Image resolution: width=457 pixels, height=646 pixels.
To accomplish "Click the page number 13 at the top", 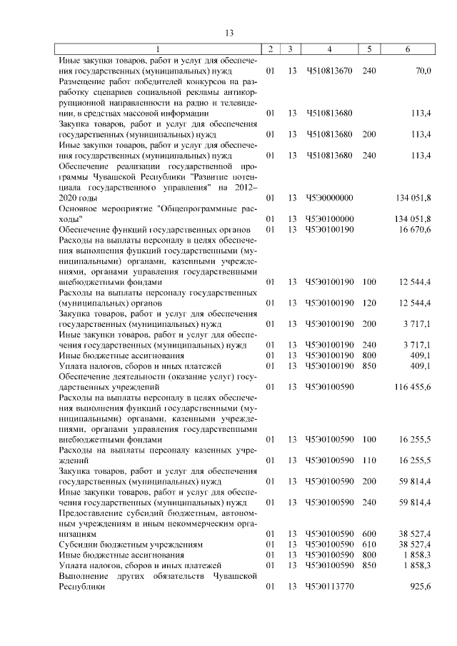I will pos(229,32).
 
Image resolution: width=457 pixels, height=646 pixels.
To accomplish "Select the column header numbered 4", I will pos(329,49).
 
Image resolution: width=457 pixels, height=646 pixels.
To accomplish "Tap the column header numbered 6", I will pos(407,49).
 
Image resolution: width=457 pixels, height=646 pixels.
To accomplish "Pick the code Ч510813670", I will pos(329,71).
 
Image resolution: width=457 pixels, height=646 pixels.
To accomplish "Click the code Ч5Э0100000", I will pos(329,218).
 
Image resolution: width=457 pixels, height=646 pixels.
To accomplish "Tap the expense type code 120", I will pos(368,303).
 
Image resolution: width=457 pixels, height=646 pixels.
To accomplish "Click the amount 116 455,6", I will pos(411,386).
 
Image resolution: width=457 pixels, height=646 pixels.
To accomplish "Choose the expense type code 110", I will pos(368,460).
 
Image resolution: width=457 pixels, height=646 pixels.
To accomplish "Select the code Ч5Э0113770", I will pos(329,586).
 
